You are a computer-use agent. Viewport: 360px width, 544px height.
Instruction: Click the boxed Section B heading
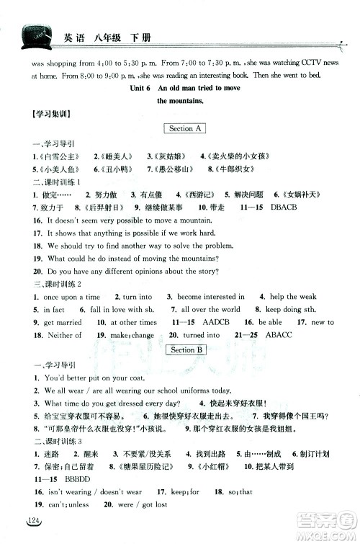[x=185, y=349]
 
